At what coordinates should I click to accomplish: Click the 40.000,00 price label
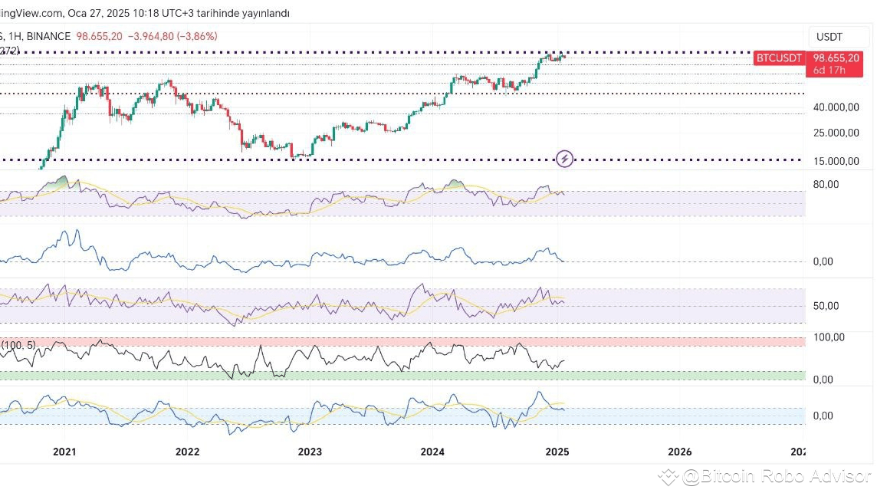click(x=836, y=108)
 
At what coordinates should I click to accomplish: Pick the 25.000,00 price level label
click(x=836, y=133)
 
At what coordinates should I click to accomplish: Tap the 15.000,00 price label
click(x=836, y=161)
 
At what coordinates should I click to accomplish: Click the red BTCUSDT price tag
click(x=778, y=58)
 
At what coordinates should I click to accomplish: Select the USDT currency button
click(x=829, y=37)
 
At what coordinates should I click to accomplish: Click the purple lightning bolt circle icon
click(x=565, y=159)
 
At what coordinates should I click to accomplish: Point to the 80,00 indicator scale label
click(x=826, y=184)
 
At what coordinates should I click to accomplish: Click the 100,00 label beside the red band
click(x=829, y=337)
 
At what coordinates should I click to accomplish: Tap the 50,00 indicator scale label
click(x=826, y=306)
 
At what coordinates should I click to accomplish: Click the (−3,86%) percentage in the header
click(x=196, y=36)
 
